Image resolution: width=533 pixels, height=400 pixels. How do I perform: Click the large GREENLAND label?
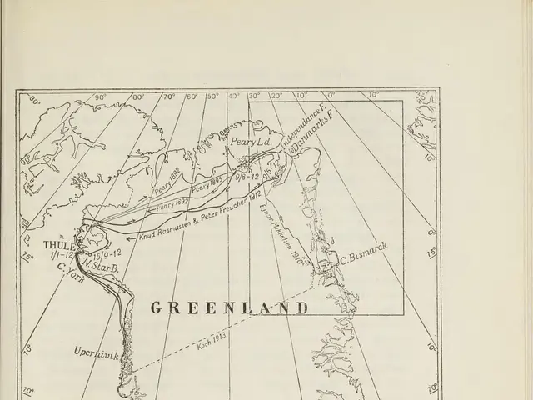click(229, 307)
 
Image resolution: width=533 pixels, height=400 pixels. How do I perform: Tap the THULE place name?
click(59, 245)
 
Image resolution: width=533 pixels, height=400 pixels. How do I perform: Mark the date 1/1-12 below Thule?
click(62, 255)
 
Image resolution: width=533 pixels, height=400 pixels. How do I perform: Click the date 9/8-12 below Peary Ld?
click(246, 177)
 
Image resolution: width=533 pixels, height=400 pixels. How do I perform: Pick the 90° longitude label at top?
click(100, 96)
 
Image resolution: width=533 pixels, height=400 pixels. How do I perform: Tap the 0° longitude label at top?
click(327, 96)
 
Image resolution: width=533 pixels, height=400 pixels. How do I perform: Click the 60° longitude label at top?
click(192, 96)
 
